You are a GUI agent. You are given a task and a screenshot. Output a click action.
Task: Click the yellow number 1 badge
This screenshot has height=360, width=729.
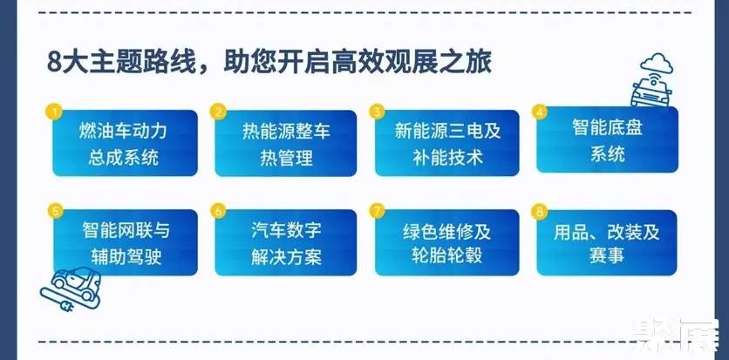point(54,112)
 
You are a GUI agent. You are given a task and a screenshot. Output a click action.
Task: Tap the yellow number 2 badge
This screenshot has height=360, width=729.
point(217,112)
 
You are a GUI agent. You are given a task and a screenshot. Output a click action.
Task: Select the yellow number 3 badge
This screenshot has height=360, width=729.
point(377,112)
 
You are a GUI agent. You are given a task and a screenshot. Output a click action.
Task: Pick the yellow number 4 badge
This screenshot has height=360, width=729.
point(539,112)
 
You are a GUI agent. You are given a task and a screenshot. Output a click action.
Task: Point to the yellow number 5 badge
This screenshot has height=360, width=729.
point(55,211)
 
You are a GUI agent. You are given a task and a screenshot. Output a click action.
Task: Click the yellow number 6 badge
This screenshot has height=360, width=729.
point(218,211)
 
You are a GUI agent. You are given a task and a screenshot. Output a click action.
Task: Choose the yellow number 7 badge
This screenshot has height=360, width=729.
point(377,211)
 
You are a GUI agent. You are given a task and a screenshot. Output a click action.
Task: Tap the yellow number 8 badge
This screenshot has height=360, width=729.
point(539,211)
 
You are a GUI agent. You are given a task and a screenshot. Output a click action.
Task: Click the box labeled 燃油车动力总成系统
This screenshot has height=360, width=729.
point(125,143)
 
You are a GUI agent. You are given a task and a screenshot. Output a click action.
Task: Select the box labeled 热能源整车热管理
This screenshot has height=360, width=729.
point(285,143)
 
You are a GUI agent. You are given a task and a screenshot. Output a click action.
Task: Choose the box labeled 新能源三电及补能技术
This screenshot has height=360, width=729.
point(446,143)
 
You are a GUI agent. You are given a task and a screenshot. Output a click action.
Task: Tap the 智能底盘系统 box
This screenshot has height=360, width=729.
point(607,139)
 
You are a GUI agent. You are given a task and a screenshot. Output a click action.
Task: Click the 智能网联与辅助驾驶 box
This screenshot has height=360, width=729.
point(125,242)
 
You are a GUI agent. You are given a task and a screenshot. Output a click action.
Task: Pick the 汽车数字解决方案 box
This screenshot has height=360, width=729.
point(285,242)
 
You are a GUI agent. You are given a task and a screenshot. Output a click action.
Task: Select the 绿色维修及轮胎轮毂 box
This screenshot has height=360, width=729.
point(446,242)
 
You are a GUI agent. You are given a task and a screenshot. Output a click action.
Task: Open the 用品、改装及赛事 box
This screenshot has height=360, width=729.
point(607,242)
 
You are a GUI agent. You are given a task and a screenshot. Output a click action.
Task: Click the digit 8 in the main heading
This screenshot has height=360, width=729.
point(54,63)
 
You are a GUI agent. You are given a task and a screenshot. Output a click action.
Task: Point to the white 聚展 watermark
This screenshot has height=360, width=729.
point(676,335)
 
